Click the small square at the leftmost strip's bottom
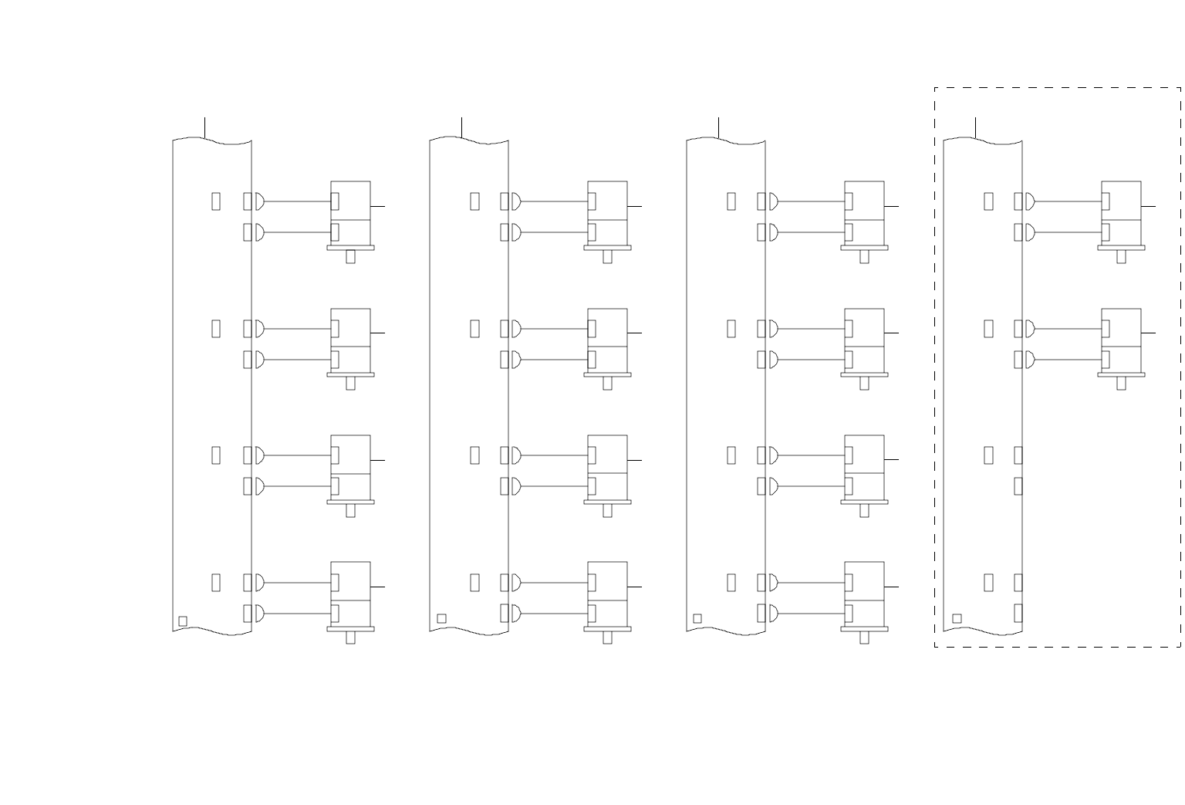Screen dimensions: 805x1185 coord(183,621)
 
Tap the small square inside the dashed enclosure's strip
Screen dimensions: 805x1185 coord(957,618)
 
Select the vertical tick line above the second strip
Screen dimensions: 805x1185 coord(461,127)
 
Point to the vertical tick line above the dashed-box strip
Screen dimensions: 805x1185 coord(975,127)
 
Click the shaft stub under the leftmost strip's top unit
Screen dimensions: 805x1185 coord(350,257)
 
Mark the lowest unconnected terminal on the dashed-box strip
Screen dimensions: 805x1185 coord(1018,613)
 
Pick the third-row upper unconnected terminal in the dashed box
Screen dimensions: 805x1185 coord(1018,455)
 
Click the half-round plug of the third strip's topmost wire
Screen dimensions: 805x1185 coord(773,201)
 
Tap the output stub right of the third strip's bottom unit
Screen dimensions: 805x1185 coord(891,587)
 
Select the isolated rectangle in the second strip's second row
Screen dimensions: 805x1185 coord(474,329)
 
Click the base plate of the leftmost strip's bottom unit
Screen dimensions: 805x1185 coord(350,629)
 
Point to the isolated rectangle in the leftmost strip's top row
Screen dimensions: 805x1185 coord(216,201)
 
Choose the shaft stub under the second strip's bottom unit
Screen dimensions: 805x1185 coord(607,638)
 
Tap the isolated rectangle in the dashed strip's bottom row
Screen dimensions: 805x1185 coord(988,583)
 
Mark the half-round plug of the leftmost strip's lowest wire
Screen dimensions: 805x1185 coord(259,614)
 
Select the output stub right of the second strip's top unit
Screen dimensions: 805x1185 coord(634,206)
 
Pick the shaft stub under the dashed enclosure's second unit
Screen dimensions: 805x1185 coord(1121,384)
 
